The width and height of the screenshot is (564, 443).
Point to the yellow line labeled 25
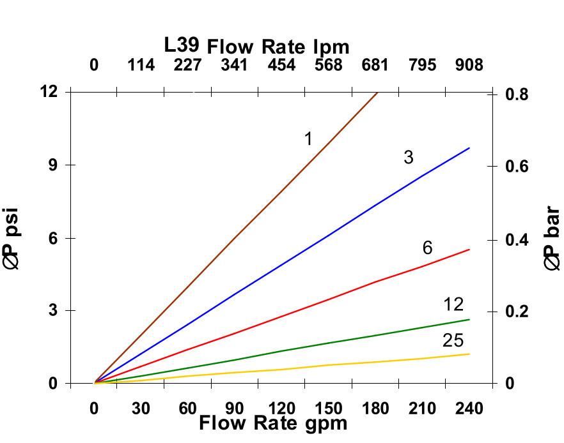click(x=320, y=366)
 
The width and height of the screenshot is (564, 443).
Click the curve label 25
click(x=453, y=340)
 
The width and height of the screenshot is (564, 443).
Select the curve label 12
click(x=453, y=304)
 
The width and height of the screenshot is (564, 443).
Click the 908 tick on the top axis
click(x=469, y=65)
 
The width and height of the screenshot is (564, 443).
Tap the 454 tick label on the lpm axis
click(x=281, y=65)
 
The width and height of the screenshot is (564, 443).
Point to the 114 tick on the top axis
click(x=141, y=65)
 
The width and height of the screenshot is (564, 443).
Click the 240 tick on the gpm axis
click(x=469, y=409)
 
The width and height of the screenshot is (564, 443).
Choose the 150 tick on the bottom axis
click(x=329, y=409)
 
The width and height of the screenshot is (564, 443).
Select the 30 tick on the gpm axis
click(x=141, y=409)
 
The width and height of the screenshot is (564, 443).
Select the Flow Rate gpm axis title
click(x=273, y=423)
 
